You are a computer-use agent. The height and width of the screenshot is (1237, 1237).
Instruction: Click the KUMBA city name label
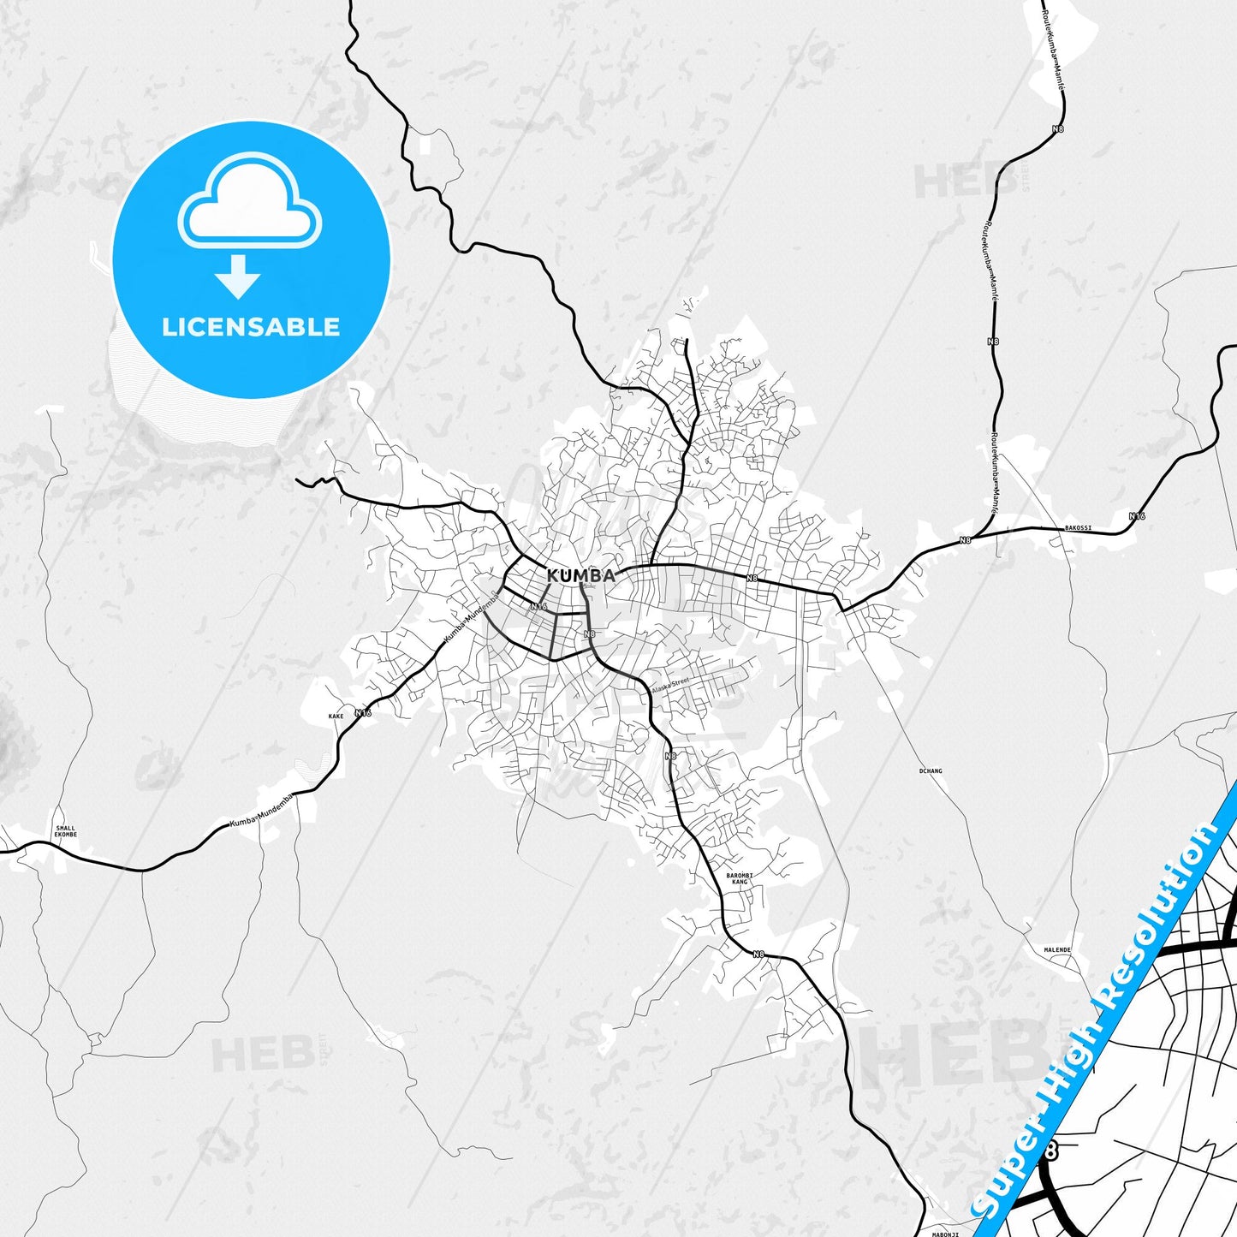pyautogui.click(x=580, y=575)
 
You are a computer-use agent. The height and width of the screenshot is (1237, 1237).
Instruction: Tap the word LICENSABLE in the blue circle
pyautogui.click(x=251, y=327)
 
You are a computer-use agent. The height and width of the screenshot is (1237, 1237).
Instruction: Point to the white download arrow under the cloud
pyautogui.click(x=238, y=276)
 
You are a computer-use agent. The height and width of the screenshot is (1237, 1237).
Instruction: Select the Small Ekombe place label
pyautogui.click(x=65, y=830)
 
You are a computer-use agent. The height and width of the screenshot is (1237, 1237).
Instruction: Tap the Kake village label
pyautogui.click(x=336, y=716)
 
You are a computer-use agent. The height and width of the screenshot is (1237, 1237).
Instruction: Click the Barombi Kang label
pyautogui.click(x=739, y=878)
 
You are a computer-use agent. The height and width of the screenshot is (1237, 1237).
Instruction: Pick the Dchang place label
pyautogui.click(x=930, y=770)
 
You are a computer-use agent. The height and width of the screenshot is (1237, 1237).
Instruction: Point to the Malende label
pyautogui.click(x=1057, y=950)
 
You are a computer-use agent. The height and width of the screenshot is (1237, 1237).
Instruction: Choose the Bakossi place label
pyautogui.click(x=1078, y=528)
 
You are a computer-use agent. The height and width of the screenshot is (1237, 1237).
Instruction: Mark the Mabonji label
pyautogui.click(x=945, y=1234)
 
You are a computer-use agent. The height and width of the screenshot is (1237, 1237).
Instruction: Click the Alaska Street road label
pyautogui.click(x=670, y=686)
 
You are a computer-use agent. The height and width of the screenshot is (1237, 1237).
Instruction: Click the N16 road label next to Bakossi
pyautogui.click(x=1136, y=516)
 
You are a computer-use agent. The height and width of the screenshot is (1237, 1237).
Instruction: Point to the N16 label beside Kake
pyautogui.click(x=364, y=712)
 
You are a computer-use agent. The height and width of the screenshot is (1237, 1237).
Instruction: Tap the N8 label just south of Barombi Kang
pyautogui.click(x=758, y=954)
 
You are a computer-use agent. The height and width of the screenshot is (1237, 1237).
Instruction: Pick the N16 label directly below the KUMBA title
pyautogui.click(x=538, y=606)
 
